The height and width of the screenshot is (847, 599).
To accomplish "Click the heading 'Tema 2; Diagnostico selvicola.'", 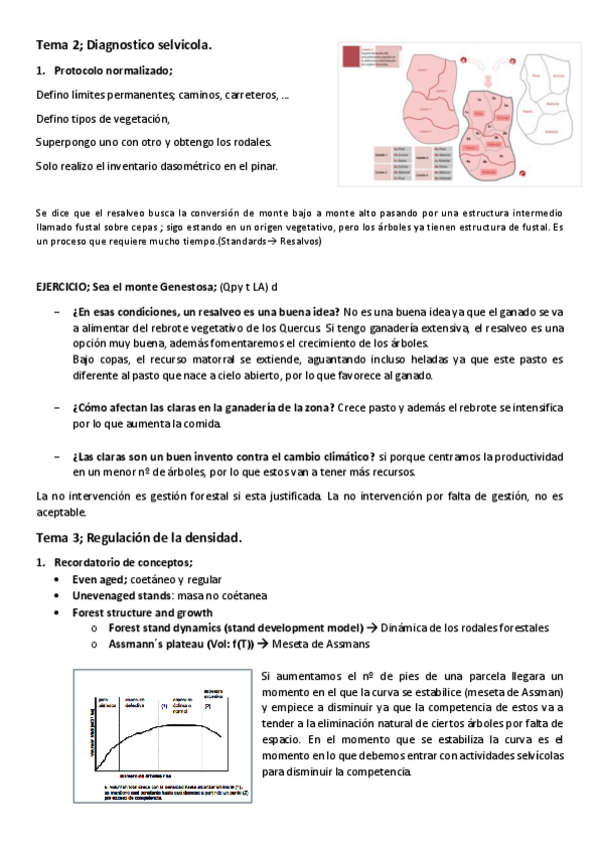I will (123, 45).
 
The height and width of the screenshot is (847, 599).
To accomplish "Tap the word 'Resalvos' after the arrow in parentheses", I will (298, 243).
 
